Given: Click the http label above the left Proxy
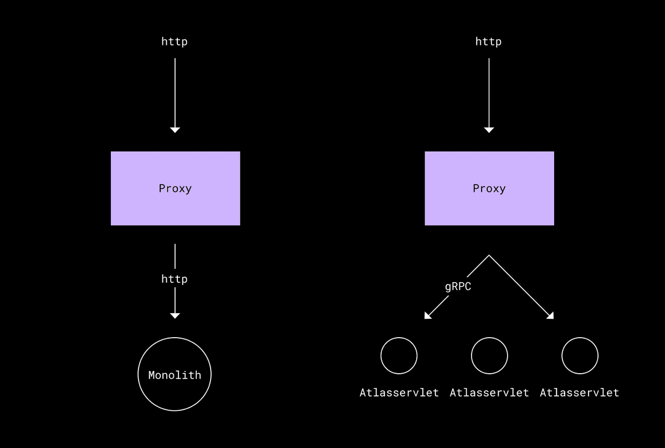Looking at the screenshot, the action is [x=174, y=42].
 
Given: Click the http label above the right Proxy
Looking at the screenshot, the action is [x=488, y=42].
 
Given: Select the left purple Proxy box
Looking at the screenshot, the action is [x=176, y=189].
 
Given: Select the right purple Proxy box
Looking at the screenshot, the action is [x=489, y=189].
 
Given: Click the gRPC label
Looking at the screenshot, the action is [x=458, y=287].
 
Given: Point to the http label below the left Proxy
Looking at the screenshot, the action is [x=174, y=279].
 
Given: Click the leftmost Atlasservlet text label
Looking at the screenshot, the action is [x=399, y=393].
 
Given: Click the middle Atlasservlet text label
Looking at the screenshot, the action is [x=489, y=393].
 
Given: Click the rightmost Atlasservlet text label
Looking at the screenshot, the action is [x=580, y=393].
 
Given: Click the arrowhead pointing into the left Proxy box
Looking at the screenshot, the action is [x=175, y=130].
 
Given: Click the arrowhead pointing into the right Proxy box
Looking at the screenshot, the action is [x=489, y=130].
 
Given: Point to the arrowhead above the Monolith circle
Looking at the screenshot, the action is [x=175, y=315].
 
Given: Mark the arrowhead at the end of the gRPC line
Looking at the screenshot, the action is [x=427, y=316].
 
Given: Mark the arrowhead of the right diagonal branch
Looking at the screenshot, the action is [x=551, y=316].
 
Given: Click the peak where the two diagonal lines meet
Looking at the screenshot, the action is [x=489, y=255].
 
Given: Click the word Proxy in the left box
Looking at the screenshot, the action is [x=175, y=189].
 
